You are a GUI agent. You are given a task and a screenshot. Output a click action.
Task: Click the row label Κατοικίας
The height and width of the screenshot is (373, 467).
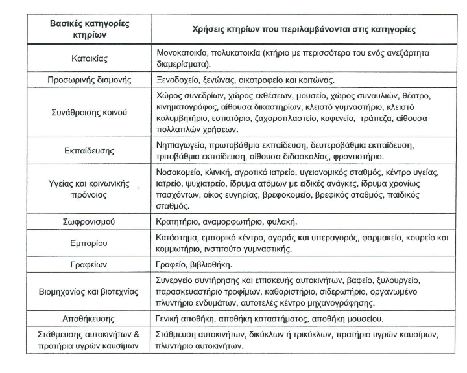(89, 58)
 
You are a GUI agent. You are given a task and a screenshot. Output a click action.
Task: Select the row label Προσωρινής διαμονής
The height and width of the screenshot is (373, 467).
(90, 80)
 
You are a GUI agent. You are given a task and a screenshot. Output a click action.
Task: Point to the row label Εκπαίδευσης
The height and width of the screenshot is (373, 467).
(90, 151)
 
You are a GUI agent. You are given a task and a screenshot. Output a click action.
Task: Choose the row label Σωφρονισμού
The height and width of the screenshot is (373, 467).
(90, 221)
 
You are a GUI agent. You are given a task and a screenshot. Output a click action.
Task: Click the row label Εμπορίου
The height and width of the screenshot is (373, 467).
(90, 243)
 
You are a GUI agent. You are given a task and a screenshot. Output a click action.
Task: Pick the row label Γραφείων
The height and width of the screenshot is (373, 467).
(90, 266)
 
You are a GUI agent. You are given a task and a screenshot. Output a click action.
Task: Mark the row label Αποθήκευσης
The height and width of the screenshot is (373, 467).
(90, 319)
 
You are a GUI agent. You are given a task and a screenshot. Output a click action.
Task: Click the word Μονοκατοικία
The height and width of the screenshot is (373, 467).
(186, 52)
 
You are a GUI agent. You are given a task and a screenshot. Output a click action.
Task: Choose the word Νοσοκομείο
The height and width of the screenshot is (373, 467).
(184, 173)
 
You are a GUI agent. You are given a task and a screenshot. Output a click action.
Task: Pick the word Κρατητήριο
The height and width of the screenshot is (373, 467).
(181, 221)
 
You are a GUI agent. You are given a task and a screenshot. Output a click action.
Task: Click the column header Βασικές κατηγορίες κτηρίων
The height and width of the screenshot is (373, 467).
(90, 29)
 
